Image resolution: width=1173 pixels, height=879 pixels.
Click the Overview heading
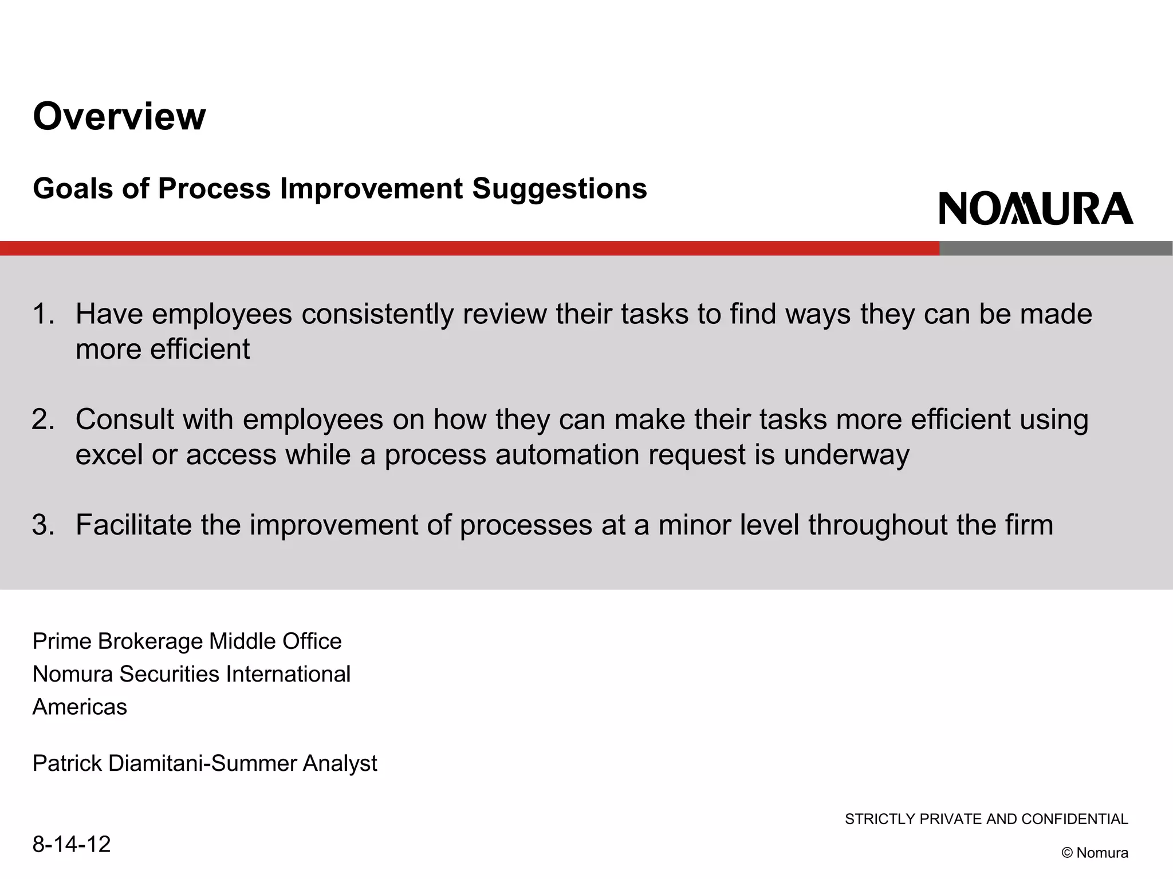tap(119, 117)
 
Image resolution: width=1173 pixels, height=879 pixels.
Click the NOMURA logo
tap(1036, 209)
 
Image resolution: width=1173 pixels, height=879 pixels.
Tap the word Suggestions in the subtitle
tap(560, 189)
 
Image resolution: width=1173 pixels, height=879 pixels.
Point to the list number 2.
tap(43, 419)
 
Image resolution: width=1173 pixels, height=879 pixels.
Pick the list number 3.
tap(43, 525)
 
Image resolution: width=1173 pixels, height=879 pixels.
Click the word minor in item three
tap(694, 525)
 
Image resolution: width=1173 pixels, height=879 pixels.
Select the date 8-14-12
tap(72, 844)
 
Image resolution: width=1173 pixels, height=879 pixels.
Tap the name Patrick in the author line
tap(67, 763)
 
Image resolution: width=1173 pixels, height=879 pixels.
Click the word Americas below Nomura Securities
tap(80, 707)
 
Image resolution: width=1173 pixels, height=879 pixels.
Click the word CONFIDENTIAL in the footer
tap(1074, 819)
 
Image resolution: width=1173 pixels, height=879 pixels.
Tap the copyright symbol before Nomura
tap(1066, 853)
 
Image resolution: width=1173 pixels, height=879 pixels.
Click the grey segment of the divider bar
tap(1056, 248)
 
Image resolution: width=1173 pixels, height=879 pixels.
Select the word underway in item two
tap(846, 455)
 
